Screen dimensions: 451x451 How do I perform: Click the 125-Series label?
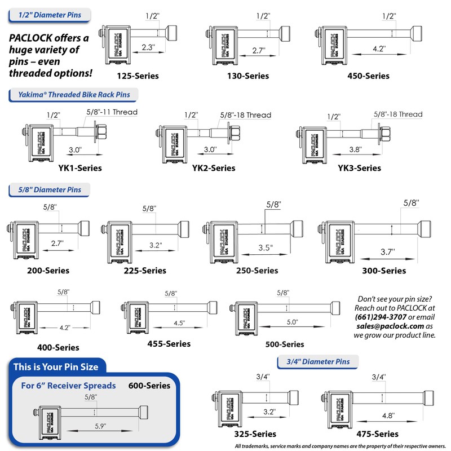tap(138, 76)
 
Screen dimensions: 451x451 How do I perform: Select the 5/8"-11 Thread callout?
tap(112, 112)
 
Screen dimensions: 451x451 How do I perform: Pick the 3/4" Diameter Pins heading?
tap(317, 362)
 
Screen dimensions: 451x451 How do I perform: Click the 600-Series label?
tap(149, 386)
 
